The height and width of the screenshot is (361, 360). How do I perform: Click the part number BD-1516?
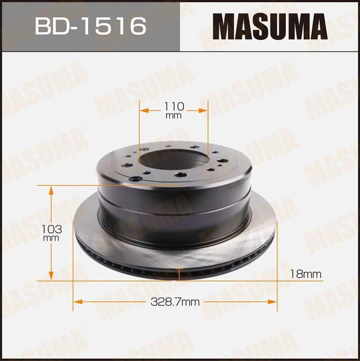(90, 25)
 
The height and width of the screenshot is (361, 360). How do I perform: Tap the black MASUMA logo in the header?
(269, 26)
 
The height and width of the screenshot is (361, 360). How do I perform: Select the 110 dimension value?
(174, 106)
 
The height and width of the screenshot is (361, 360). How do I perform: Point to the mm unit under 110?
(174, 115)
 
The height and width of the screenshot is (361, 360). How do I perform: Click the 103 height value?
(51, 229)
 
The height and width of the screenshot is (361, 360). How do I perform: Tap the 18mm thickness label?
(306, 274)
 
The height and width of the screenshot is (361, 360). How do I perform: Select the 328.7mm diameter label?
(175, 302)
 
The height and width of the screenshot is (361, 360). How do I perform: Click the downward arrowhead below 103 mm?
(51, 275)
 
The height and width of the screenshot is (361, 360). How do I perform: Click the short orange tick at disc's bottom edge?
(179, 274)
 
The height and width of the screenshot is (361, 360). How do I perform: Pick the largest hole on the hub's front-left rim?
(136, 180)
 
